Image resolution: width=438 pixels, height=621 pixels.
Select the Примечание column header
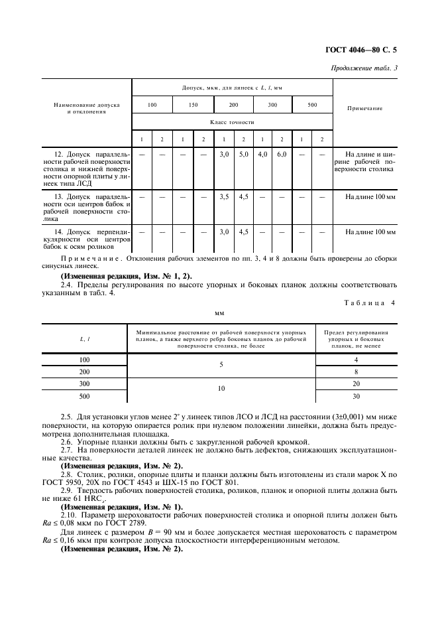tap(364, 108)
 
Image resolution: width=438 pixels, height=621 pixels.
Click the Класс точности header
tap(232, 122)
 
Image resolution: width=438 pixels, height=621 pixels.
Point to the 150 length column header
tap(193, 105)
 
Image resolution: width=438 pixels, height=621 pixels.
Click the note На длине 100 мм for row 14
tap(370, 232)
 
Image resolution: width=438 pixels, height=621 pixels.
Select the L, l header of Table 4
tap(85, 339)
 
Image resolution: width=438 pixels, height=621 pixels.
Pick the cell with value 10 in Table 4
tap(221, 389)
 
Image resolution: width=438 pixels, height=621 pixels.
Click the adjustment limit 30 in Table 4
tap(356, 396)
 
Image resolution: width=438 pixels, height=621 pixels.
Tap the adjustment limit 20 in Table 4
tap(356, 383)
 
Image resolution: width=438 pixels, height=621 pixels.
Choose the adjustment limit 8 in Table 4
tap(356, 372)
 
